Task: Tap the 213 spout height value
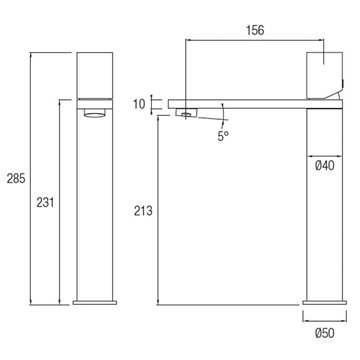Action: pos(143,210)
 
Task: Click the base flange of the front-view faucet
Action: pos(97,301)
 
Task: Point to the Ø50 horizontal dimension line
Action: pos(323,317)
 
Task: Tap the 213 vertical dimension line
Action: pos(160,210)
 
